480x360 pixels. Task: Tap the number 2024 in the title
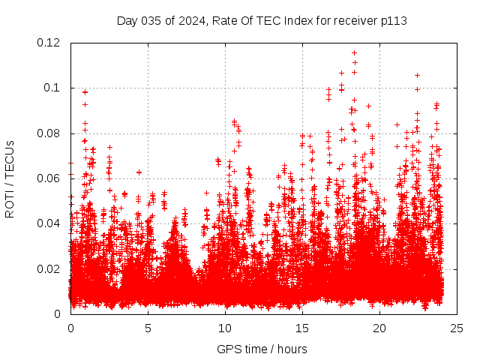pyautogui.click(x=192, y=20)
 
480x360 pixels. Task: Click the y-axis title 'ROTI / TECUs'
pyautogui.click(x=10, y=178)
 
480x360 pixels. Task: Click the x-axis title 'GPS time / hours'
pyautogui.click(x=262, y=349)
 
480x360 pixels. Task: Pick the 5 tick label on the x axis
pyautogui.click(x=148, y=328)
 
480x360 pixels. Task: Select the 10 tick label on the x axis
pyautogui.click(x=225, y=328)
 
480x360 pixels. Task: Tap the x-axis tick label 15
pyautogui.click(x=302, y=328)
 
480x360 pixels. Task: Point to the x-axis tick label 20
pyautogui.click(x=379, y=328)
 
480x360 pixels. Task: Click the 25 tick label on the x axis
pyautogui.click(x=457, y=328)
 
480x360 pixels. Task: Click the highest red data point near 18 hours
pyautogui.click(x=354, y=52)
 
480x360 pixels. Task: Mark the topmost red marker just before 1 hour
pyautogui.click(x=85, y=91)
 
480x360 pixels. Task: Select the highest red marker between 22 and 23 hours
pyautogui.click(x=417, y=75)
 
